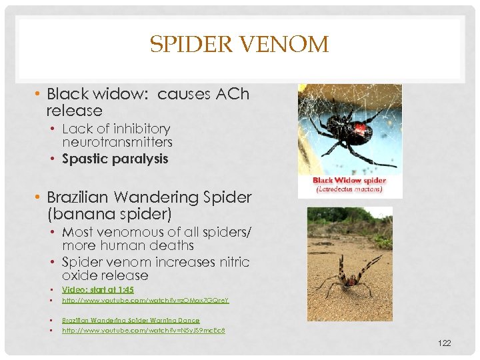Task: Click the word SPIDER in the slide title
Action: [x=191, y=45]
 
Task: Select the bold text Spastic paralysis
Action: [x=115, y=159]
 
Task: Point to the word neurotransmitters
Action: [x=117, y=142]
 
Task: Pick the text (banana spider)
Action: [x=109, y=215]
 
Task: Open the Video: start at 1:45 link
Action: [x=98, y=290]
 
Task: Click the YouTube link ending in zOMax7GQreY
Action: [x=145, y=301]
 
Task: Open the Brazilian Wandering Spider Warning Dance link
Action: [x=131, y=321]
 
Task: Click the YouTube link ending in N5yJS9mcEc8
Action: [x=143, y=331]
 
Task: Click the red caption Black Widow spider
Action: [x=349, y=181]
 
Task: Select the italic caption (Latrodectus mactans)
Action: [x=349, y=189]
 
